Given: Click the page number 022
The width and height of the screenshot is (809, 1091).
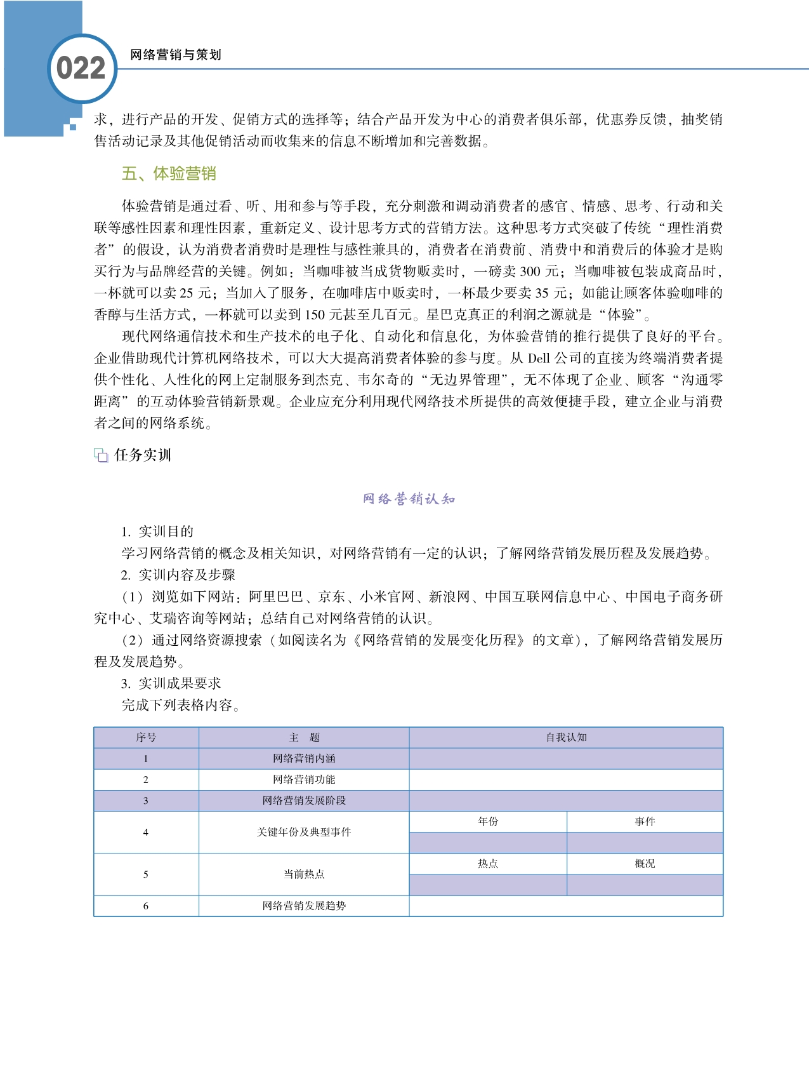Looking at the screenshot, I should tap(81, 69).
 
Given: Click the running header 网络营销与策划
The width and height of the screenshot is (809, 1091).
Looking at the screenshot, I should tap(175, 55).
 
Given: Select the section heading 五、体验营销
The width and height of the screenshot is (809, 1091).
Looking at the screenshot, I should tap(169, 173).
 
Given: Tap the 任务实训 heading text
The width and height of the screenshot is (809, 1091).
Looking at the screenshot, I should tap(143, 455).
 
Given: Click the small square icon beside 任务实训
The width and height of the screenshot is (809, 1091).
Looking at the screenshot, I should tap(101, 455).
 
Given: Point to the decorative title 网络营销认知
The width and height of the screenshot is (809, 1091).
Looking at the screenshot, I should tap(409, 499).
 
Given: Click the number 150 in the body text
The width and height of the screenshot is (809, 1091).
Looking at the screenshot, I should tap(315, 315).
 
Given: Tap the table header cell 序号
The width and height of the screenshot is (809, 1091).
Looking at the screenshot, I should tap(146, 737).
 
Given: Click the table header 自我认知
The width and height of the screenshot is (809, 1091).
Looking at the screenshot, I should tap(566, 737).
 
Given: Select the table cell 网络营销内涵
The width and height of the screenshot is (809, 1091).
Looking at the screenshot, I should tap(304, 758).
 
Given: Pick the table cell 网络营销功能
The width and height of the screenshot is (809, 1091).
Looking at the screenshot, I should tap(304, 779).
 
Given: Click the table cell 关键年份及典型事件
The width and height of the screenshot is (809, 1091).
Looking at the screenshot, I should tap(304, 832).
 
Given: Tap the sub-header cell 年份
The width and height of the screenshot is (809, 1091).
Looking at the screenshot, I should tap(488, 822).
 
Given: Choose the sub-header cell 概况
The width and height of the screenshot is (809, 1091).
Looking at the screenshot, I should tap(645, 864).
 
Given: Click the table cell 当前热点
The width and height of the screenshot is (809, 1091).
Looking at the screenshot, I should tap(304, 874).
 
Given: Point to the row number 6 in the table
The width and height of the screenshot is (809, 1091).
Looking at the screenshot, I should tap(146, 906).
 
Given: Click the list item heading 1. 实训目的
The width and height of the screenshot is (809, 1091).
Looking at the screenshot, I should tap(157, 532).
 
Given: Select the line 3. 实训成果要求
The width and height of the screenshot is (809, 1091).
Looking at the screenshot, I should tap(171, 683).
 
